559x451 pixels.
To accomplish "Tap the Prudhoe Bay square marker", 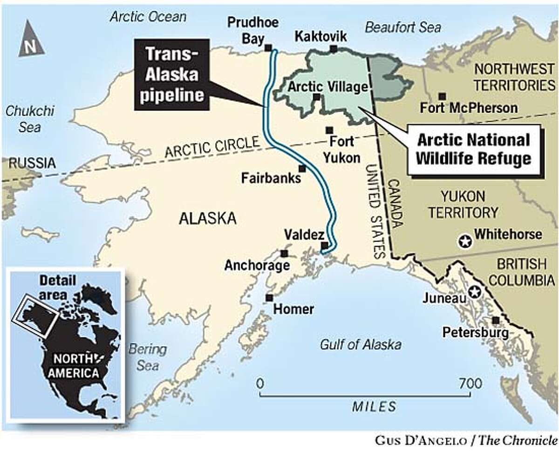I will pyautogui.click(x=268, y=47).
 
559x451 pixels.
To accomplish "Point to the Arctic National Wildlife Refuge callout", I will pyautogui.click(x=473, y=149).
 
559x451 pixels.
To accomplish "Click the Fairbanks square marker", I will pyautogui.click(x=302, y=168).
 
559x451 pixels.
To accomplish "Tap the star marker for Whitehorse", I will pyautogui.click(x=464, y=241).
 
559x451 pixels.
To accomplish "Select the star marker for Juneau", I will pyautogui.click(x=474, y=292).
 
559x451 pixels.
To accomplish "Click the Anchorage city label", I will pyautogui.click(x=257, y=265).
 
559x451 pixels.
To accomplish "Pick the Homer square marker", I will pyautogui.click(x=269, y=297).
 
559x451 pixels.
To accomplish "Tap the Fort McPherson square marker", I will pyautogui.click(x=442, y=96).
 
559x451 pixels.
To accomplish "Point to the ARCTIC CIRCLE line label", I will pyautogui.click(x=212, y=148).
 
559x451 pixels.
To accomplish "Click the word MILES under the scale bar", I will pyautogui.click(x=374, y=406).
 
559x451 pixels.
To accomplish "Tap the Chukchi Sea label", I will pyautogui.click(x=30, y=118).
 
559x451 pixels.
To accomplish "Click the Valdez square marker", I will pyautogui.click(x=324, y=246).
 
